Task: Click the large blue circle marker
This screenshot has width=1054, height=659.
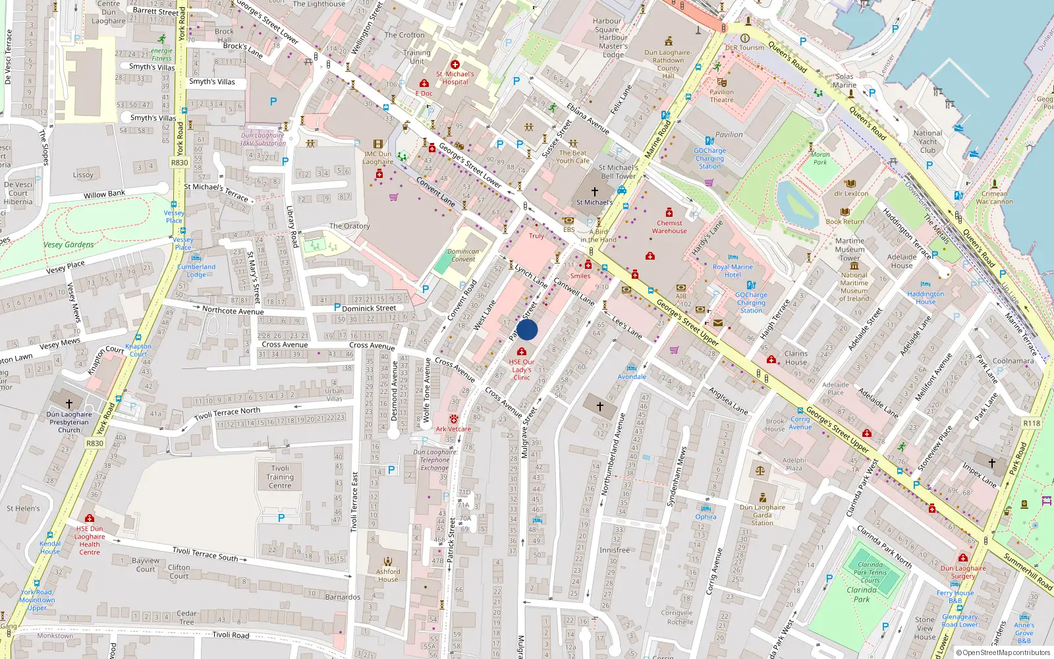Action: pos(527,329)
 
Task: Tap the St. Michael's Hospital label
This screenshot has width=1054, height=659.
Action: pos(455,78)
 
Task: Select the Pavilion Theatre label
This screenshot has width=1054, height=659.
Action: pos(721,96)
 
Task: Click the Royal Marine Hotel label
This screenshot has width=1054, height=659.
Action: pos(733,271)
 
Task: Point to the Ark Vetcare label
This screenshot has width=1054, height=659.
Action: pos(453,429)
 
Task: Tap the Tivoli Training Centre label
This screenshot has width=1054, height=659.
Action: pos(280,477)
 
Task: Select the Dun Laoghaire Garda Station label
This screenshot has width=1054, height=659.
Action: pos(762,515)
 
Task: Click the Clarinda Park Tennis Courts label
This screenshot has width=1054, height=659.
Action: pos(870,573)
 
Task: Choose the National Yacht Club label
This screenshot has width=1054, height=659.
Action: pos(928,142)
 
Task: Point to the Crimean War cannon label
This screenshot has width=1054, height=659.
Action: pos(994,198)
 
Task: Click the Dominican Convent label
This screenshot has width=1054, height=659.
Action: pos(463,255)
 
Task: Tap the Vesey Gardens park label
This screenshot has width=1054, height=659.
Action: pos(69,244)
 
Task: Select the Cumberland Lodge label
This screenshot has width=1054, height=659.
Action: pos(196,271)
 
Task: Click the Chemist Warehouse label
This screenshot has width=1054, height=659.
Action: pos(669,227)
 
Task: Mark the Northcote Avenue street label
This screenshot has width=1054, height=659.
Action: pos(233,310)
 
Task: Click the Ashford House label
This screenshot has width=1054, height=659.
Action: pos(388,575)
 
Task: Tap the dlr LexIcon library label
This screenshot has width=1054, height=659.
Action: pos(851,194)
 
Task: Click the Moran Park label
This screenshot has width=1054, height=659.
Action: pos(820,158)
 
